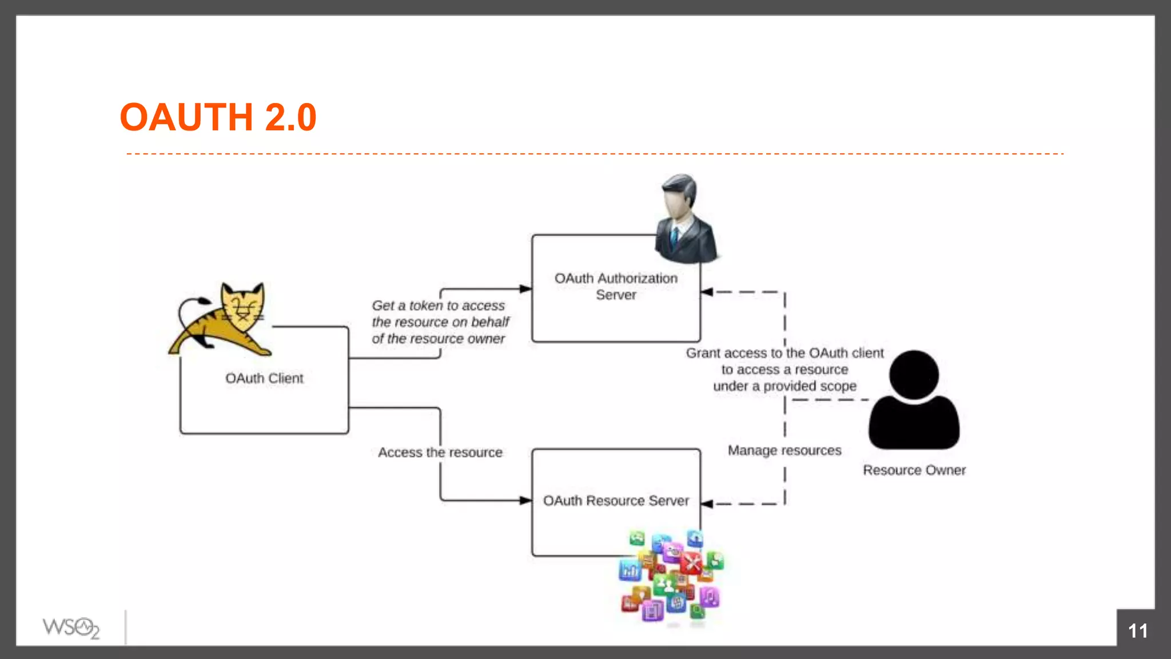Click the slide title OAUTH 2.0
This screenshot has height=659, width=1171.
click(x=218, y=117)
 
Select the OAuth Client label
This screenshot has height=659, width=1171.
click(x=264, y=378)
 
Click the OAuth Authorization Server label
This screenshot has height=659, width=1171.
click(x=616, y=286)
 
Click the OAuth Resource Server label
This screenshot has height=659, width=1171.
click(x=616, y=501)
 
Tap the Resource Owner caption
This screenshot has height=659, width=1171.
click(x=914, y=470)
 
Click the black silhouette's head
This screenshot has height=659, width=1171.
click(x=914, y=375)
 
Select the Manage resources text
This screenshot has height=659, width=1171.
click(x=784, y=451)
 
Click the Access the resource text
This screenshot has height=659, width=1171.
click(x=440, y=452)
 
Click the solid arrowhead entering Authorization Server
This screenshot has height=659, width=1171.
click(x=525, y=289)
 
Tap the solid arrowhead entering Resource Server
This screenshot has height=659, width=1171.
click(x=525, y=501)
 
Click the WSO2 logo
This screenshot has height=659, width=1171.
click(x=71, y=628)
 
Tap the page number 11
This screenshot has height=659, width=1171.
click(x=1137, y=631)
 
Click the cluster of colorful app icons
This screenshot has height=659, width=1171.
click(x=672, y=578)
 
